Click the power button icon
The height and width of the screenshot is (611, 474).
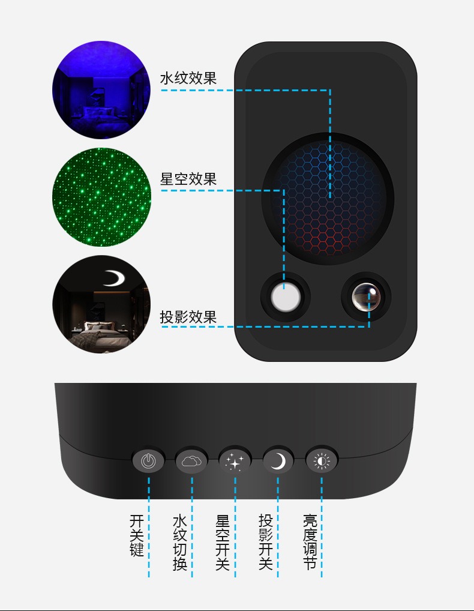148,460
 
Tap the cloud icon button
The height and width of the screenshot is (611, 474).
191,460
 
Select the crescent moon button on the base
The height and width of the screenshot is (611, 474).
278,460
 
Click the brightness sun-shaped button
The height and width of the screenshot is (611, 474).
322,460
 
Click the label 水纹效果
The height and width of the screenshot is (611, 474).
188,78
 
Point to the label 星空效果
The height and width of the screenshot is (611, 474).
188,179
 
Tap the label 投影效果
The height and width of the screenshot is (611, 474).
188,317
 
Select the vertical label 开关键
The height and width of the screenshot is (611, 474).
137,535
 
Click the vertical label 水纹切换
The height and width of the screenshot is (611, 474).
180,543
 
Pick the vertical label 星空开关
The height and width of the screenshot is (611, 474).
223,543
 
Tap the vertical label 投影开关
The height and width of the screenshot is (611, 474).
266,543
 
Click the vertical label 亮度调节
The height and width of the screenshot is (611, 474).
310,543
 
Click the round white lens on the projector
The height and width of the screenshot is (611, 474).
286,297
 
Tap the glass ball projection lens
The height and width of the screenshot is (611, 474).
366,297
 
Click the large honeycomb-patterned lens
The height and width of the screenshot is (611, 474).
328,199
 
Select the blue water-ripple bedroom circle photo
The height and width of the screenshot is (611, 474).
101,89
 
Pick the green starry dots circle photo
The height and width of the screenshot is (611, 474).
101,197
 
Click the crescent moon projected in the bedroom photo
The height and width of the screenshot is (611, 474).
114,278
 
